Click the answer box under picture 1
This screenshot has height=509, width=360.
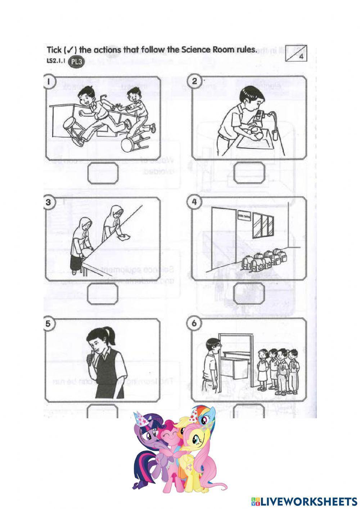103,173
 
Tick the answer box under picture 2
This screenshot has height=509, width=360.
249,173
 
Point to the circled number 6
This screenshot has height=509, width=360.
195,323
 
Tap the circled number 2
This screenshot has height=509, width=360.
195,81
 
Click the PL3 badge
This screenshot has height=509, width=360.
76,62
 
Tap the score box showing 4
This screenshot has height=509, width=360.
297,53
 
